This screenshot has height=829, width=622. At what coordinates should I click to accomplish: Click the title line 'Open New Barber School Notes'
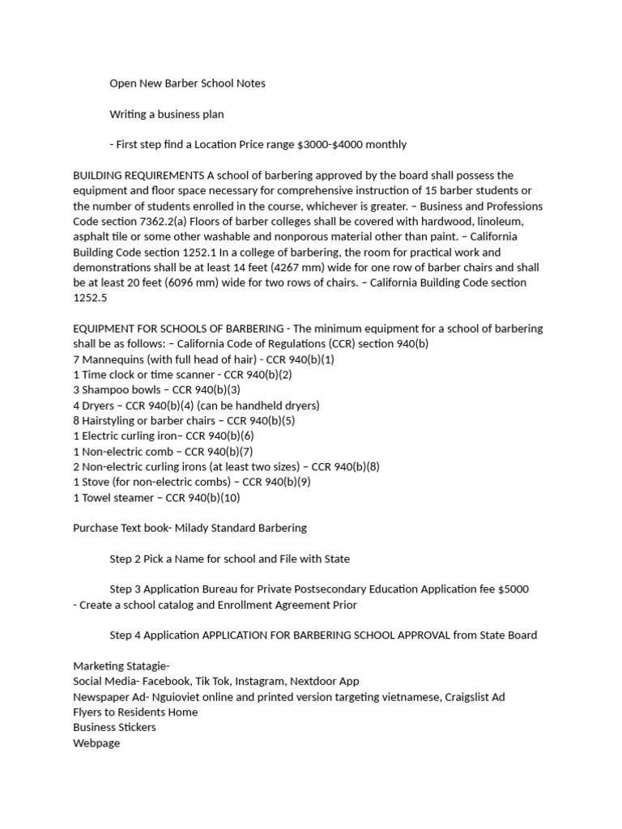click(187, 83)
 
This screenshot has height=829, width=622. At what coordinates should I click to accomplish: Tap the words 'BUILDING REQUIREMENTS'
click(138, 176)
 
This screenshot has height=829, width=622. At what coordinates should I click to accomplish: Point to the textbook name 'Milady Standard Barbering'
click(241, 529)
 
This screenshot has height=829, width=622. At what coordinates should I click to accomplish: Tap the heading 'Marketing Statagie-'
click(121, 666)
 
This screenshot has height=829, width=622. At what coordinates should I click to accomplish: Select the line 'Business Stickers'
click(114, 728)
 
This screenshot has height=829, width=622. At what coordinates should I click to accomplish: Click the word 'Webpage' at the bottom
click(96, 743)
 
